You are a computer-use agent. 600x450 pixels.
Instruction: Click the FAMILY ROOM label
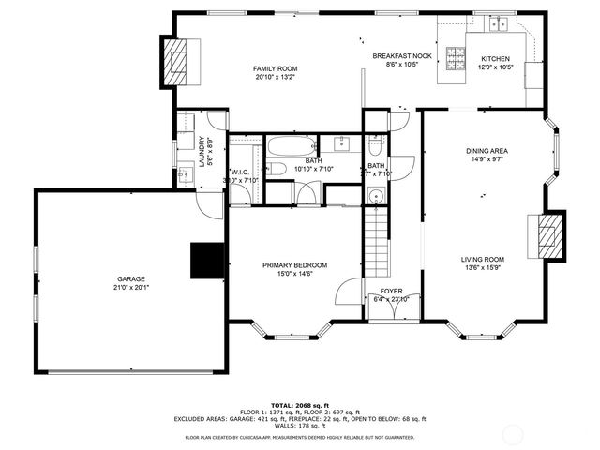[275, 68]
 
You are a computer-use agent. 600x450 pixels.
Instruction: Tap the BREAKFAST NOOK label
[401, 56]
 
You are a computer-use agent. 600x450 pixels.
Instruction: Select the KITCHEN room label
[496, 58]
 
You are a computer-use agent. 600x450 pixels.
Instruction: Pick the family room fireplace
[176, 62]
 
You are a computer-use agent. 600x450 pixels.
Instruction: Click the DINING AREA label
[487, 151]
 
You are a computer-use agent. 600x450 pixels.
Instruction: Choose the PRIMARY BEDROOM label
[294, 265]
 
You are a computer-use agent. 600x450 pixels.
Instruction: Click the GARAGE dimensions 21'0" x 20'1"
[130, 288]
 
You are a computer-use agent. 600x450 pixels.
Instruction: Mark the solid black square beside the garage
[207, 261]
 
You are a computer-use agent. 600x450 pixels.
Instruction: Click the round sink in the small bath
[375, 197]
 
